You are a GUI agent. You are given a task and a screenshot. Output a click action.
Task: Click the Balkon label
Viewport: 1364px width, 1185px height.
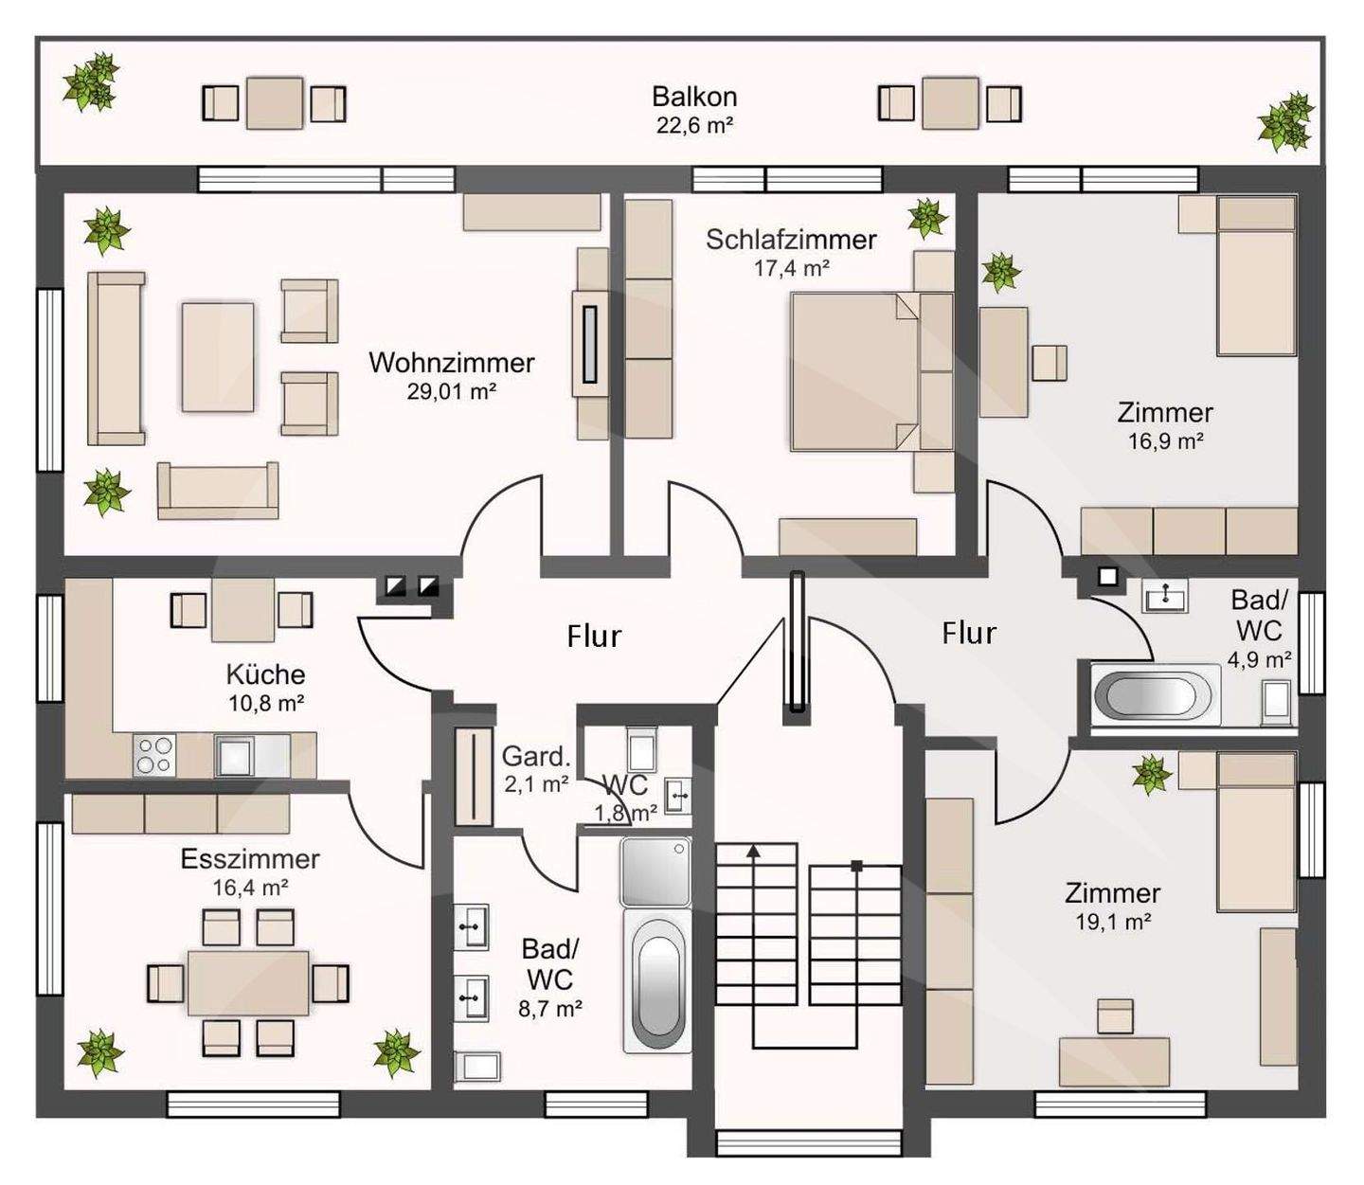(x=694, y=97)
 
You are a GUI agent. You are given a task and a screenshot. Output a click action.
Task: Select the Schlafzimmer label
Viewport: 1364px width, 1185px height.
(x=791, y=240)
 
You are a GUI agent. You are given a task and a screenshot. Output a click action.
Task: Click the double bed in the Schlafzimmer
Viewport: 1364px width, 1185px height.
(x=872, y=372)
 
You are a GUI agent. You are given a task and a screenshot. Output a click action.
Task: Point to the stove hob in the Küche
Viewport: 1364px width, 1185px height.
(x=154, y=755)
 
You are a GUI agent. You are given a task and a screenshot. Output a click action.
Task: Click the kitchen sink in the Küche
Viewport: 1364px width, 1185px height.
(x=234, y=755)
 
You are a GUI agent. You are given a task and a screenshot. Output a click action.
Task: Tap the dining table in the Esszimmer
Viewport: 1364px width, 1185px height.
(x=248, y=983)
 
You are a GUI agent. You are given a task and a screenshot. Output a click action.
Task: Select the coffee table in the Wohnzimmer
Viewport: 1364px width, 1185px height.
(x=217, y=357)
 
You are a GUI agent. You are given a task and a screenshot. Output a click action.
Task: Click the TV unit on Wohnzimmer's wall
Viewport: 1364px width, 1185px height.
(x=590, y=344)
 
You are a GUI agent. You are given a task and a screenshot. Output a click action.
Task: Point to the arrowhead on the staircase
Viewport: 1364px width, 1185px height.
(x=754, y=850)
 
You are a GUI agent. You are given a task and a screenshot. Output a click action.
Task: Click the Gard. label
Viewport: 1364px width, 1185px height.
(x=537, y=757)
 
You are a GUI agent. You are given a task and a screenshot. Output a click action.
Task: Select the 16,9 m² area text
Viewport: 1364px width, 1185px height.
(x=1165, y=440)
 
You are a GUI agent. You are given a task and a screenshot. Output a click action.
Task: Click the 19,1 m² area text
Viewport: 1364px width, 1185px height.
(x=1113, y=922)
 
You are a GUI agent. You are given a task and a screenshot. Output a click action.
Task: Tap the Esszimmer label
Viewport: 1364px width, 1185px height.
(x=250, y=859)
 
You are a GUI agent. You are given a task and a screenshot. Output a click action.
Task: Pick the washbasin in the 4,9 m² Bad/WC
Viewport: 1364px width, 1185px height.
(x=1165, y=595)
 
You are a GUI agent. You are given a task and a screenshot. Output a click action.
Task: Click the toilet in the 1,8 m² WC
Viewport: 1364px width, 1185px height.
(x=642, y=750)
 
